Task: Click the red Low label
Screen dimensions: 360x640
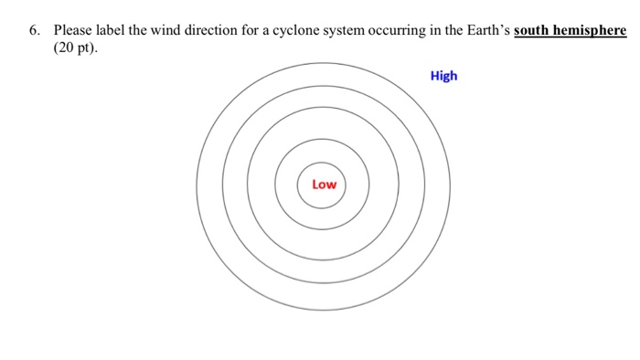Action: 324,185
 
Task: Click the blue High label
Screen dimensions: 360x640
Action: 443,76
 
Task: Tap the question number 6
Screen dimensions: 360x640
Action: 34,30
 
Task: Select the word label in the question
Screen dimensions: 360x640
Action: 113,30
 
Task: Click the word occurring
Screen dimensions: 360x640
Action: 400,31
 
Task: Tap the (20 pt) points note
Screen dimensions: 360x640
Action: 74,47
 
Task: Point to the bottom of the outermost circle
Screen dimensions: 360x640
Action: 323,311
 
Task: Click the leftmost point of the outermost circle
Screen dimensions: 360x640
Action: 197,185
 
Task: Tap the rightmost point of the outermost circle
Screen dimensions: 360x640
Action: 450,185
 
